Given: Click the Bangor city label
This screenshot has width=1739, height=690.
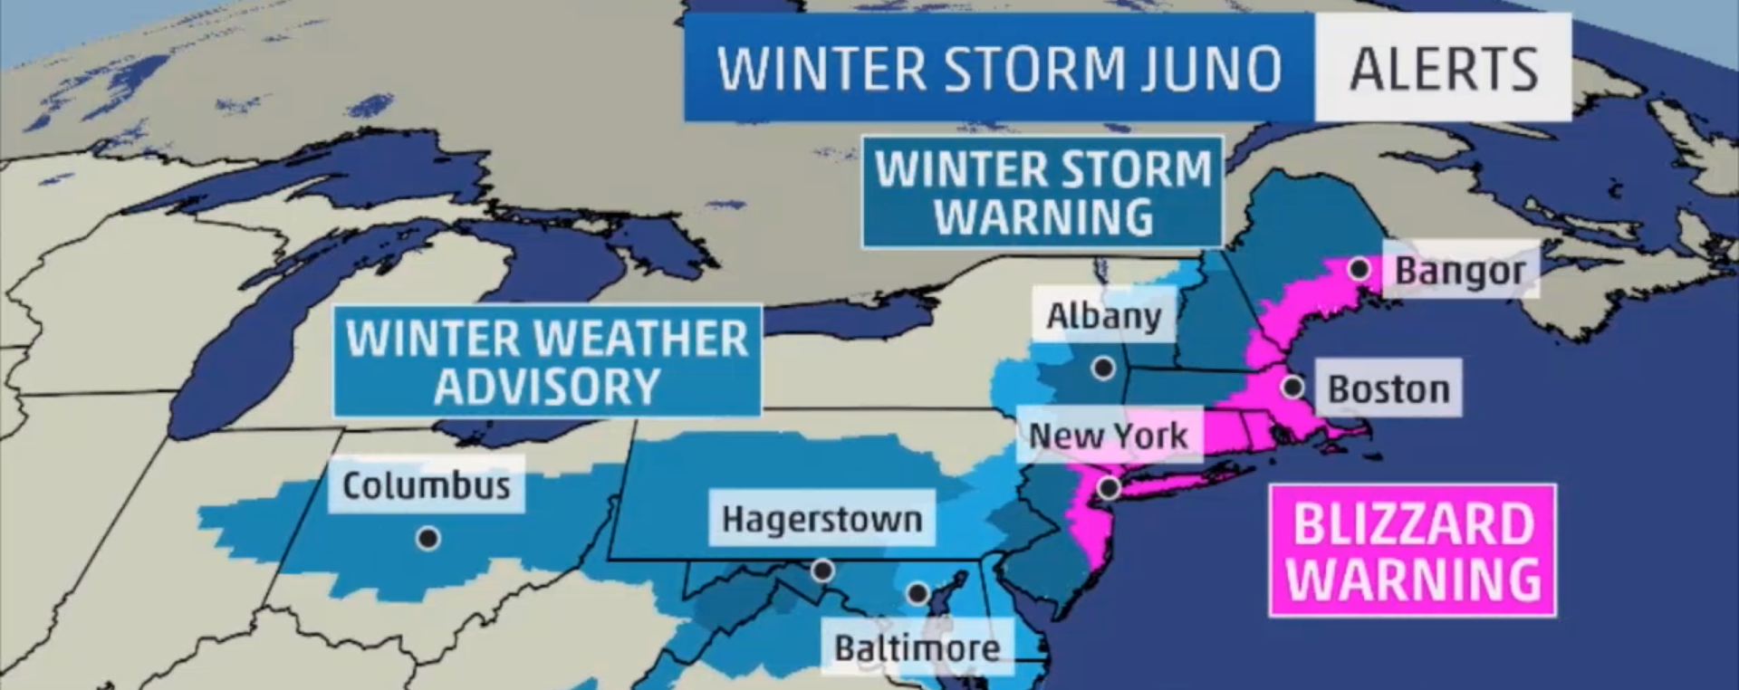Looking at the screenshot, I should coord(1459,271).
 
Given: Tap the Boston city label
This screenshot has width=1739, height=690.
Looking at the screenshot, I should coord(1388,389).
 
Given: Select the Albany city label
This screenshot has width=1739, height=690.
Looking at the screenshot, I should coord(1103,316).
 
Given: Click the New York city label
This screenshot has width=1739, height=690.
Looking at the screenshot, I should coord(1108,436).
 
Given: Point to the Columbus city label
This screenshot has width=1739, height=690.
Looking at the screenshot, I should coord(426,486).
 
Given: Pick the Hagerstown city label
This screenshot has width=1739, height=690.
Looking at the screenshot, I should coord(821,520).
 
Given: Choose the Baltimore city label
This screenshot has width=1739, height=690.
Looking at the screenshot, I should coord(917,648).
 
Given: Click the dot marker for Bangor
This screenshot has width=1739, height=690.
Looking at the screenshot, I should coord(1359,269).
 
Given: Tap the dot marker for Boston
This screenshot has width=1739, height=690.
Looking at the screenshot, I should coord(1292,388).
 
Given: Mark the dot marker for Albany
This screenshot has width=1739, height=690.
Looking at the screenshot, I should coord(1103,369).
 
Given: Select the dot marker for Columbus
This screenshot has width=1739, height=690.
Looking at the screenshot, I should coord(428,539).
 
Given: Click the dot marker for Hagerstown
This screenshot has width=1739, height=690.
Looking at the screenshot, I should coord(822,570).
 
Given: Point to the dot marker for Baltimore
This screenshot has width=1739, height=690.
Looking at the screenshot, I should coord(918,594).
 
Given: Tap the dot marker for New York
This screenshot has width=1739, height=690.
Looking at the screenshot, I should coord(1109,489).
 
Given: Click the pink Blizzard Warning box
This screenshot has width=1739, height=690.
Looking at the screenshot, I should coord(1412,551).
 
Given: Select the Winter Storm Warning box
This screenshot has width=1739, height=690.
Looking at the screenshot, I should coord(1042,192).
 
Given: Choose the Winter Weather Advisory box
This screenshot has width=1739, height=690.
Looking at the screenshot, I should coord(547,361).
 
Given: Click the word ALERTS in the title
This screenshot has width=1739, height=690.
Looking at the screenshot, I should coord(1443,69).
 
